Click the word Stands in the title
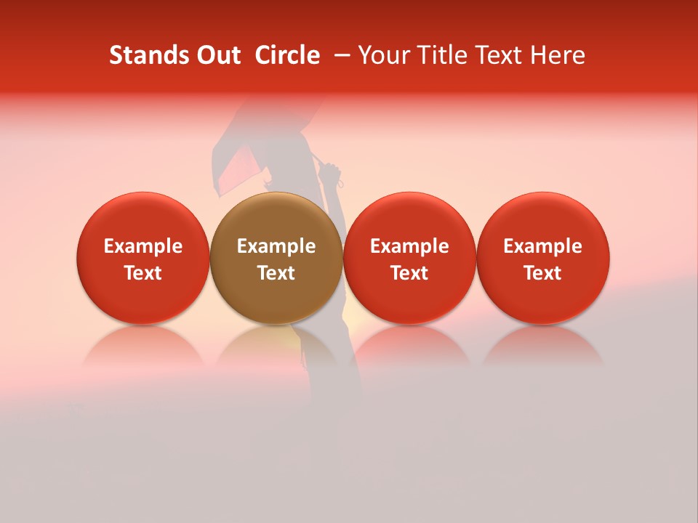(x=147, y=55)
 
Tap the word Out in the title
(x=217, y=55)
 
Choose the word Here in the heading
(x=556, y=55)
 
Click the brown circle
(x=276, y=258)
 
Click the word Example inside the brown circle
(x=276, y=246)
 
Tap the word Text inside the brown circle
(x=276, y=273)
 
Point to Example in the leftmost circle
(x=143, y=246)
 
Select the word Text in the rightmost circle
(x=543, y=273)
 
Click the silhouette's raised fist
(x=330, y=171)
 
